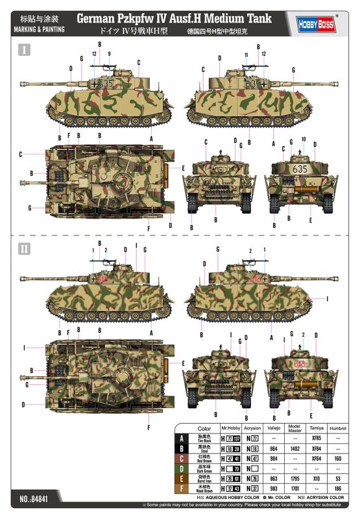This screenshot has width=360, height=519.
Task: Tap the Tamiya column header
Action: point(316,429)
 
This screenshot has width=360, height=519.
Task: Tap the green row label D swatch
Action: point(186,467)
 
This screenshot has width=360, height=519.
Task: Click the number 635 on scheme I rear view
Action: point(300,168)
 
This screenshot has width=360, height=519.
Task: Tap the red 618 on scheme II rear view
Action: point(299,364)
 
